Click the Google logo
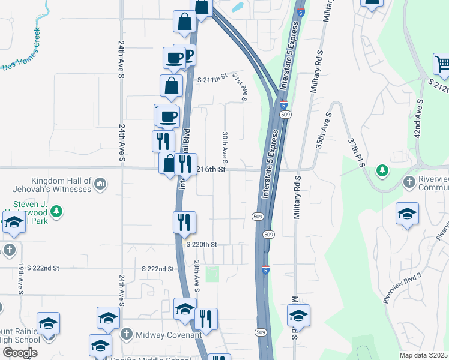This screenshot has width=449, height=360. coord(19,353)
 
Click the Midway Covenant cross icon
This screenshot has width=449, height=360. coord(127,334)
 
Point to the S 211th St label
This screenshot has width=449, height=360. coord(213,78)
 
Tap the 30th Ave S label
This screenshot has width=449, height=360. coord(224,148)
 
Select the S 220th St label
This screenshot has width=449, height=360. coord(201,244)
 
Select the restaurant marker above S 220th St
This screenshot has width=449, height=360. coord(184,222)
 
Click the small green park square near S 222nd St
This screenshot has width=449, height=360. coord(212,274)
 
